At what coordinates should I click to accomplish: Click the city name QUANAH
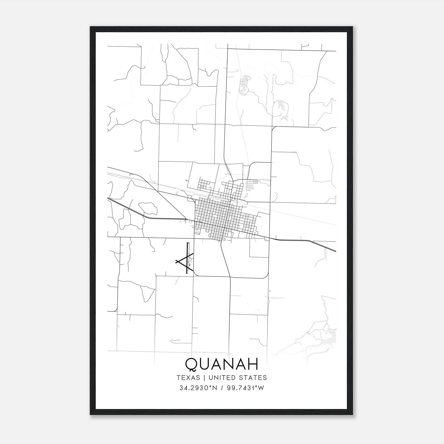point(221,364)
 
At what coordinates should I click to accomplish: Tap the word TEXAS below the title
point(188,378)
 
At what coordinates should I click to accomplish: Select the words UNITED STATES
point(238,378)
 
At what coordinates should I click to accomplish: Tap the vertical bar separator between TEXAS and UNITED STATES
point(204,378)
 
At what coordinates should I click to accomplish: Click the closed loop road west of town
point(147,208)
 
